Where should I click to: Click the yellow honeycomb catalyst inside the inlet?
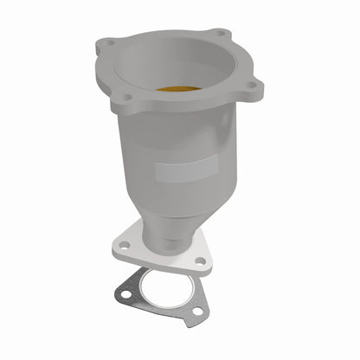[x=180, y=87]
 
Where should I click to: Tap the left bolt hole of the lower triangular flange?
[x=125, y=246]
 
